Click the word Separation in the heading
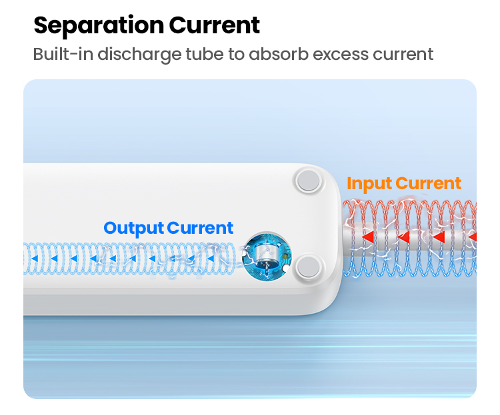(x=99, y=26)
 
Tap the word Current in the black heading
(x=214, y=25)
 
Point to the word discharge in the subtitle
(x=140, y=54)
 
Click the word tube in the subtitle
(x=205, y=53)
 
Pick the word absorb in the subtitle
(x=279, y=53)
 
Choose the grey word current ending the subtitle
(x=403, y=54)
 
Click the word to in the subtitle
(x=236, y=54)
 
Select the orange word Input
(x=369, y=184)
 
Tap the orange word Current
(x=428, y=183)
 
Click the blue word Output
(x=134, y=228)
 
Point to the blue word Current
(x=200, y=228)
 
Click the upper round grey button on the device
(x=308, y=181)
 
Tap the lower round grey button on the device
(x=308, y=266)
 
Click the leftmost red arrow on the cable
(x=368, y=237)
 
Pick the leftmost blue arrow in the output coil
(x=35, y=258)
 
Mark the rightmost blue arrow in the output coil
(x=211, y=258)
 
